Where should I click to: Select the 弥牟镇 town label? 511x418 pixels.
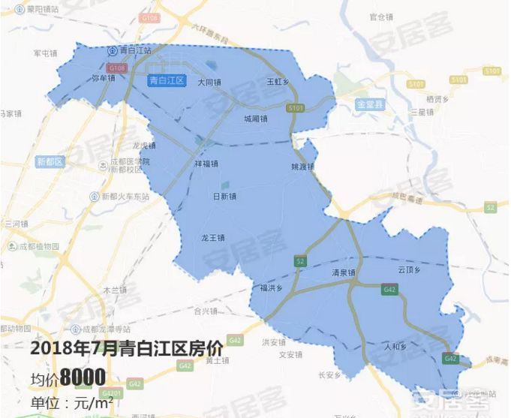tap(103, 77)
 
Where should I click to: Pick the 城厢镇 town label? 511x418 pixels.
tap(256, 119)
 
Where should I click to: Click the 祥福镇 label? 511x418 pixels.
tap(206, 163)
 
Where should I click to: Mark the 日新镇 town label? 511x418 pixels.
tap(224, 197)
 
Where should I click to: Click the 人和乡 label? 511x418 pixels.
tap(394, 346)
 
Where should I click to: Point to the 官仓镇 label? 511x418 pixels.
tap(382, 16)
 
